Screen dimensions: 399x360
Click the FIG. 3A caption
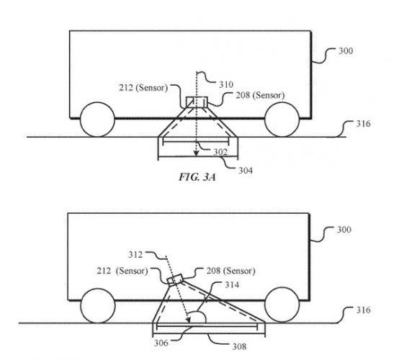(x=197, y=177)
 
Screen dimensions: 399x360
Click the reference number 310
(x=226, y=84)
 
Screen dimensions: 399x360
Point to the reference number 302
(x=220, y=152)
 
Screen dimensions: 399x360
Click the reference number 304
(x=246, y=170)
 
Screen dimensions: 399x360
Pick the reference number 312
(x=135, y=254)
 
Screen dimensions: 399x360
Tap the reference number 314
(x=232, y=284)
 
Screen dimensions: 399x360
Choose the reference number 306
(x=161, y=343)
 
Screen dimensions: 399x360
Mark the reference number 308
(x=239, y=346)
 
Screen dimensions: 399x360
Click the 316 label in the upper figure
(x=364, y=124)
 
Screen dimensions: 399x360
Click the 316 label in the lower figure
(x=364, y=310)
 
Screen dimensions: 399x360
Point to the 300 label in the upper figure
(x=346, y=51)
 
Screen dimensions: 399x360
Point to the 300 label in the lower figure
(x=344, y=230)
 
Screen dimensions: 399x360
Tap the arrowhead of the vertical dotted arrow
(x=196, y=153)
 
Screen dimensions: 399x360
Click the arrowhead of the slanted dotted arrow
(x=189, y=320)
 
